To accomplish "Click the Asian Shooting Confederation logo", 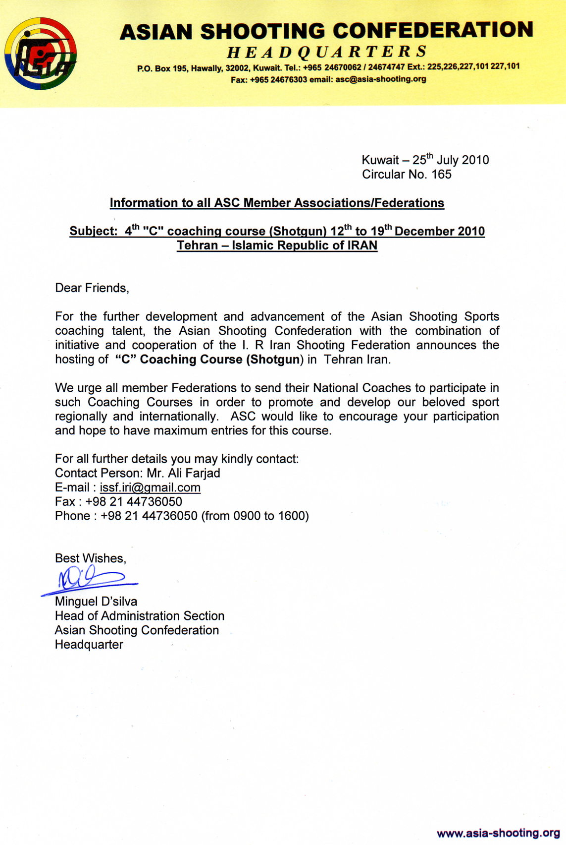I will (41, 54).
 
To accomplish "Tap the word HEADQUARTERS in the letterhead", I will (327, 52).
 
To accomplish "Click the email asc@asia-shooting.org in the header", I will (380, 79).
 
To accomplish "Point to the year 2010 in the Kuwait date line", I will (475, 160).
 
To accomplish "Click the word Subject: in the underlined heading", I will (94, 232).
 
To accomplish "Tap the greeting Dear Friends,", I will (92, 288).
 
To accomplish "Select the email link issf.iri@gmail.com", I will (150, 488).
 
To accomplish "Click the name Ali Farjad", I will (194, 473).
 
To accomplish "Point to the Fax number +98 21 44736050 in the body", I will (134, 502).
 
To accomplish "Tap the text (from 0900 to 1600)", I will (255, 516).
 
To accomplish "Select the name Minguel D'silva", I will (96, 602).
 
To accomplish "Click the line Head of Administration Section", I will (140, 616).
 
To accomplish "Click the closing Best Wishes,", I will (91, 558).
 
